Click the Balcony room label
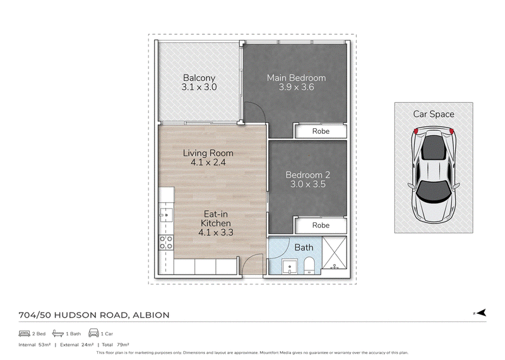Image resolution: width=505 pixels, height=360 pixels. point(199,78)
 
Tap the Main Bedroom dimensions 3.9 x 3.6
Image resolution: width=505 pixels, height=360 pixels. point(296,87)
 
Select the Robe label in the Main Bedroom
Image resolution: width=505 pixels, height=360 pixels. point(321,131)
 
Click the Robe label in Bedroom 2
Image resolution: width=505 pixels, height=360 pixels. point(321,225)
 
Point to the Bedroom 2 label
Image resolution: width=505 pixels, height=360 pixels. point(308,175)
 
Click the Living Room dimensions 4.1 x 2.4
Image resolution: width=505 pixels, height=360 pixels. point(208,162)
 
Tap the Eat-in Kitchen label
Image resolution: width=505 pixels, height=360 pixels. point(216,219)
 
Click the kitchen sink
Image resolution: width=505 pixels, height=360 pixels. point(166,215)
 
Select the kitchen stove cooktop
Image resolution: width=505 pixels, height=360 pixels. point(166,243)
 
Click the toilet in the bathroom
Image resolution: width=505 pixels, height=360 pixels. point(309,265)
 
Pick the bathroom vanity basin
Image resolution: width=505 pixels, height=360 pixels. point(290,267)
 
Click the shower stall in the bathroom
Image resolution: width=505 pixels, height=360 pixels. point(335,253)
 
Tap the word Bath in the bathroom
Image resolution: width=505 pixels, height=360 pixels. point(304,248)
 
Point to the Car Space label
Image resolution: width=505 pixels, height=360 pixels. point(434,114)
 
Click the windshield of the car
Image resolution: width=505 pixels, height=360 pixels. point(434,191)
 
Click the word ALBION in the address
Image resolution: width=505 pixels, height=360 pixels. point(151,315)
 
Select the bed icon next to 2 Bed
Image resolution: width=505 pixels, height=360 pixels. point(25,333)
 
